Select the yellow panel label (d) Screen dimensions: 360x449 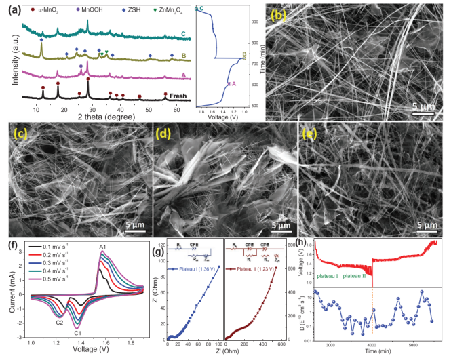163,134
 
